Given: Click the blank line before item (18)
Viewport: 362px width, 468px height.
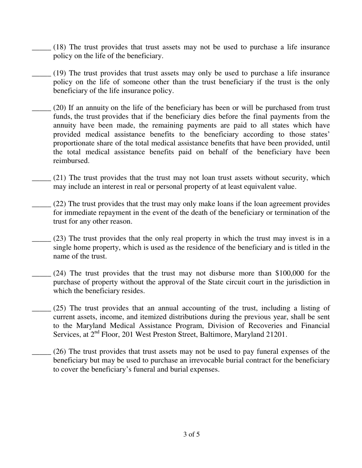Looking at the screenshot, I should (x=41, y=49).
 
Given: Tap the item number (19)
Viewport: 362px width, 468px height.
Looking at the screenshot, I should (x=59, y=73).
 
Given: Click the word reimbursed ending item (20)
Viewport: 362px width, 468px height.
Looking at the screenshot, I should (x=71, y=161).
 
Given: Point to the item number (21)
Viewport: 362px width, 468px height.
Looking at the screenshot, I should (x=59, y=178).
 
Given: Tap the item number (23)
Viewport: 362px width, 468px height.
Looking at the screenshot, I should (x=59, y=239).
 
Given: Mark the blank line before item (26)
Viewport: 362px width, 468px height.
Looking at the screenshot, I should (x=41, y=353).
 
